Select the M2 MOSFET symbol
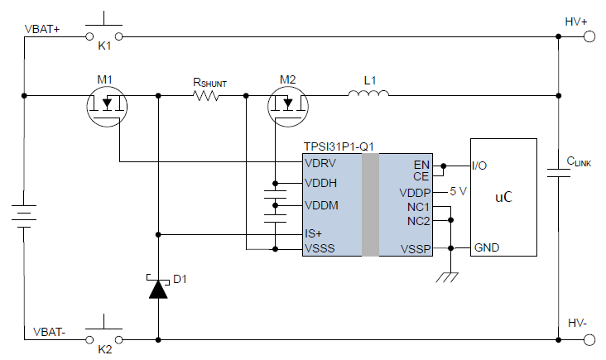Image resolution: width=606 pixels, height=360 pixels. click(288, 105)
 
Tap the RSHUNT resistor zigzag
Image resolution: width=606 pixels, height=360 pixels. click(206, 96)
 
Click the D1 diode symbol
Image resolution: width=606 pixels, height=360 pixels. click(157, 288)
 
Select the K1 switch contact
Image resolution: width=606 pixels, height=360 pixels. click(104, 35)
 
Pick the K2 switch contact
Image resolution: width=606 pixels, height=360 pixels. click(104, 338)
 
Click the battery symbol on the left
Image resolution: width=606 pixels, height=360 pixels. click(25, 217)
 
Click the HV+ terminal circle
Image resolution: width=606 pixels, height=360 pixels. click(590, 36)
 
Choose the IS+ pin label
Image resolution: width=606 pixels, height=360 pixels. click(314, 233)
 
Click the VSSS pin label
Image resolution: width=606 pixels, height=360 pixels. click(320, 247)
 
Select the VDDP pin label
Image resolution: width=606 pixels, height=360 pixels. click(415, 192)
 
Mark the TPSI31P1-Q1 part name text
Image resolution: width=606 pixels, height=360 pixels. click(339, 146)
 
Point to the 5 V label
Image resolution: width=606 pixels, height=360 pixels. click(459, 191)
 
